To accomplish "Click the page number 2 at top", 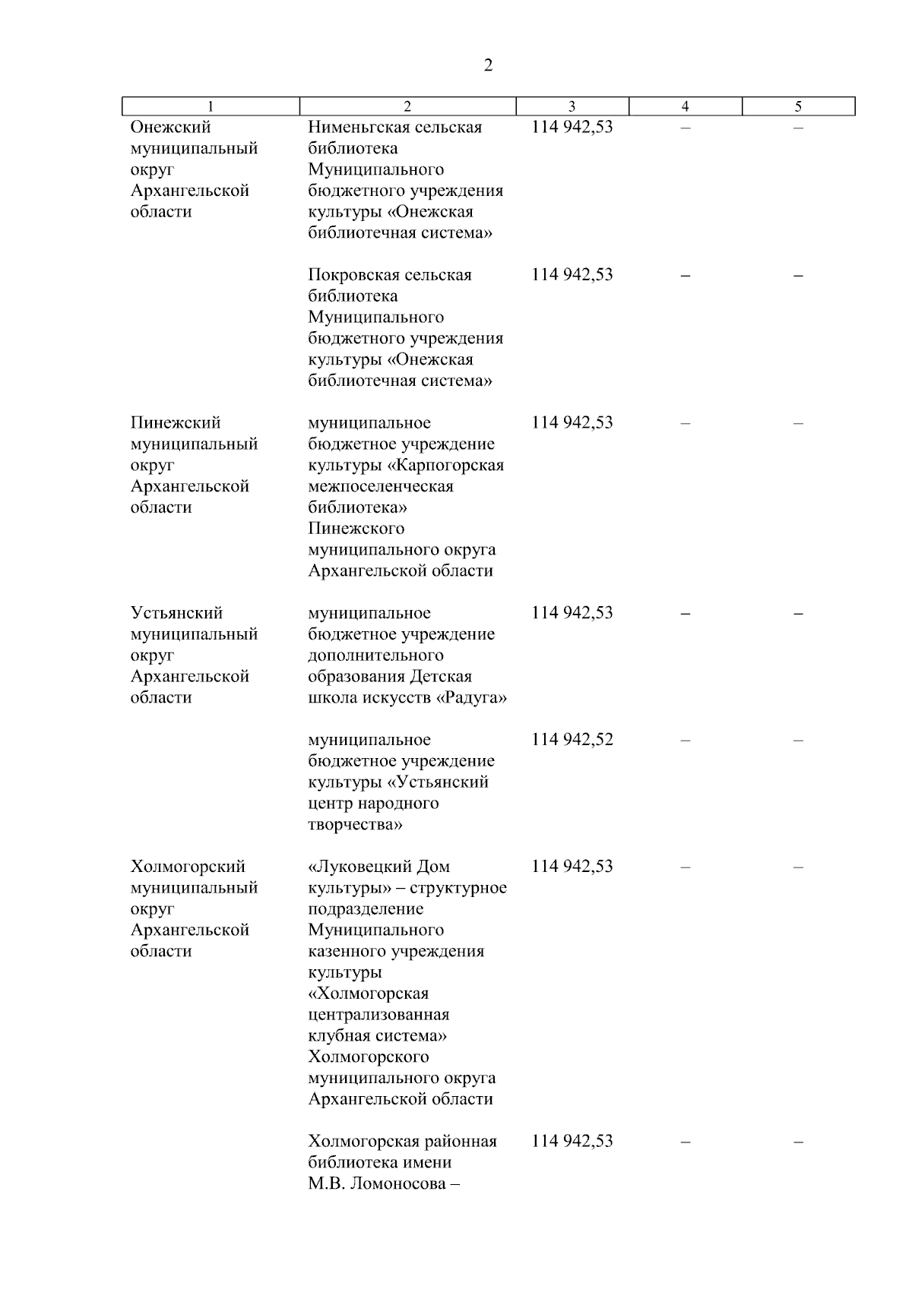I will (x=488, y=66).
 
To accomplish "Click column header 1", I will (x=211, y=107).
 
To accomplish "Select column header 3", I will (x=572, y=107).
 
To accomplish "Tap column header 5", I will (x=798, y=107).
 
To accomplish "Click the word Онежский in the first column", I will (x=171, y=128).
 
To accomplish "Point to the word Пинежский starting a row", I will (x=176, y=423).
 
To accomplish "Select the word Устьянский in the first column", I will (x=176, y=613).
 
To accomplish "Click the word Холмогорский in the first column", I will (x=188, y=867).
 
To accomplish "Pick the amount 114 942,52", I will (x=572, y=740).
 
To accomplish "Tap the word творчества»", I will (x=355, y=824).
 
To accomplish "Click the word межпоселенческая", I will (x=380, y=486).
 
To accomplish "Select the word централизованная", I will (x=378, y=1015).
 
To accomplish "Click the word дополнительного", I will (x=375, y=655).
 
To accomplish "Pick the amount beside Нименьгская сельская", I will (x=572, y=128).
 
